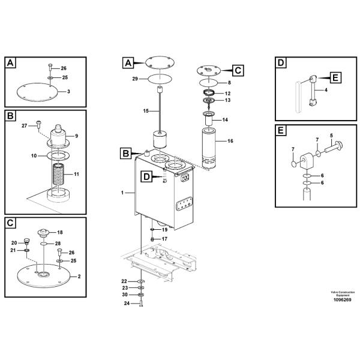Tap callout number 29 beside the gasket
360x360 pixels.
coord(135,79)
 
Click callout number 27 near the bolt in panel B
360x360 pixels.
coord(25,125)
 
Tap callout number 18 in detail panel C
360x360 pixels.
coord(60,232)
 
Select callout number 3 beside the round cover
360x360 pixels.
coord(68,92)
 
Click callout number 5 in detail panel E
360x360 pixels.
coord(332,136)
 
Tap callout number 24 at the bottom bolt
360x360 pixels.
coord(126,303)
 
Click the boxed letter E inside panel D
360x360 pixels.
coord(335,77)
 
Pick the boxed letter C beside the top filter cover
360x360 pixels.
coord(238,70)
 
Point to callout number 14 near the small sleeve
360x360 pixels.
coord(225,119)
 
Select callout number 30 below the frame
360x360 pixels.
coord(124,295)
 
